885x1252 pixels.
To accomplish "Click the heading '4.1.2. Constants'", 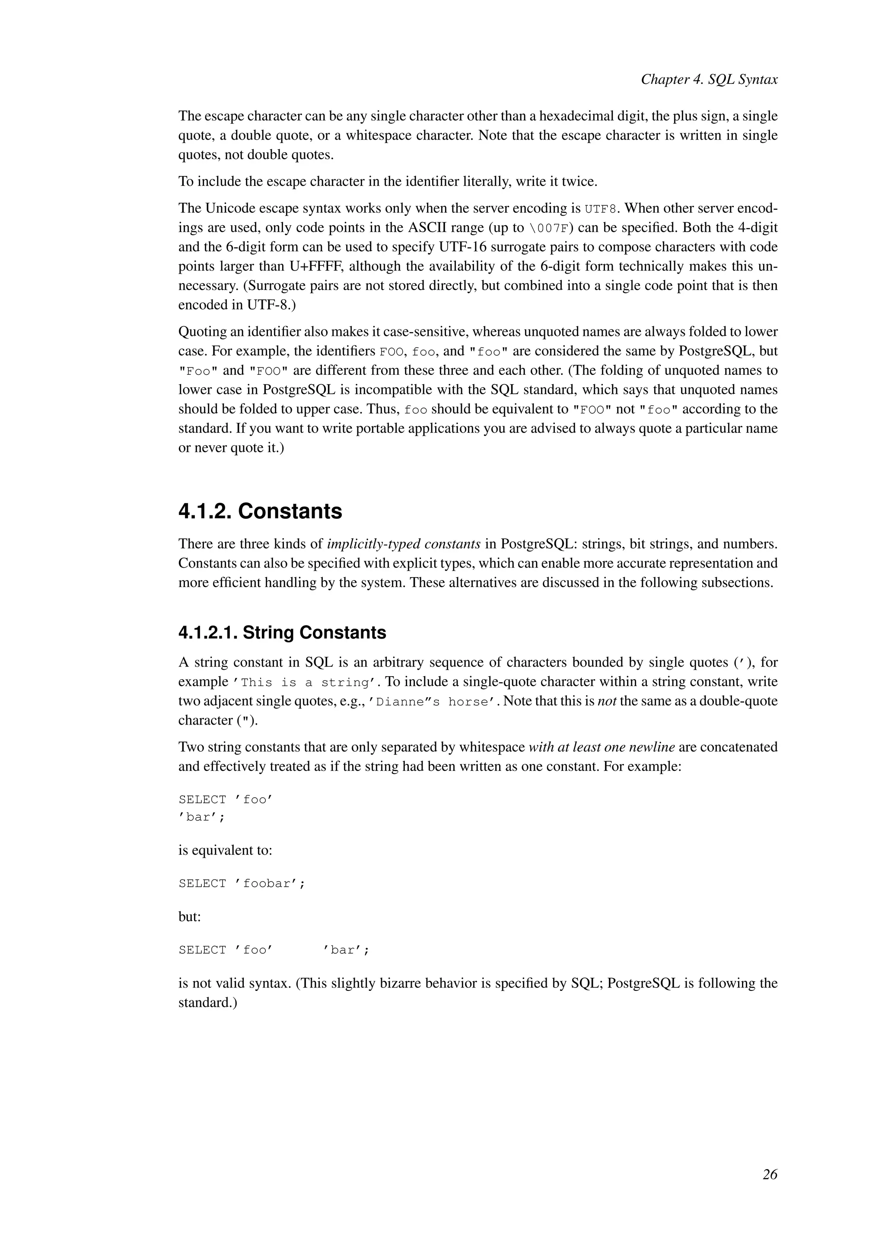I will click(x=260, y=511).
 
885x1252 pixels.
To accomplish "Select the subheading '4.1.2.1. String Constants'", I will click(x=282, y=632).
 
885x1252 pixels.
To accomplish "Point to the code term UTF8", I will click(x=602, y=209).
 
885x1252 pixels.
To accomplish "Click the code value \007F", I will click(x=551, y=228).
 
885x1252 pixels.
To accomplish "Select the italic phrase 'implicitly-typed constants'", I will click(x=403, y=544).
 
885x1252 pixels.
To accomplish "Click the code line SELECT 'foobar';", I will click(x=242, y=883).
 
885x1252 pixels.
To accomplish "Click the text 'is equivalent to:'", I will click(x=225, y=850).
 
